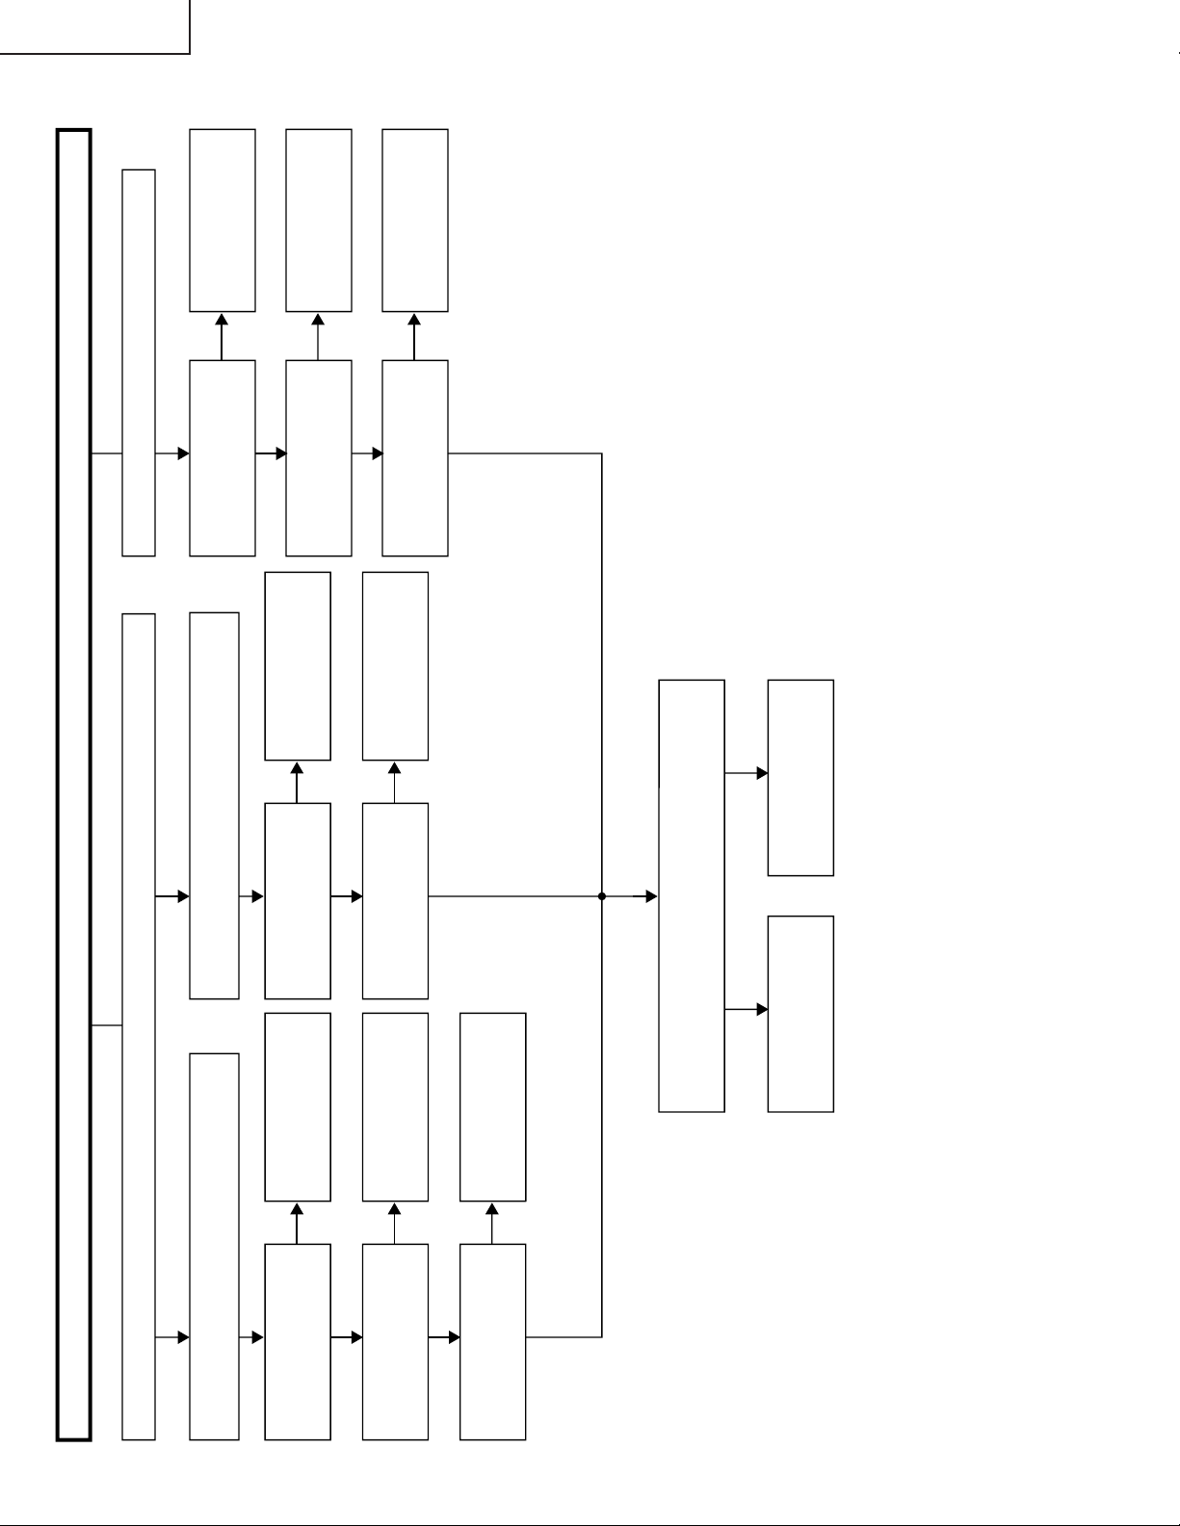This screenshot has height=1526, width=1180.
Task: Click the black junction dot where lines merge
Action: pyautogui.click(x=602, y=896)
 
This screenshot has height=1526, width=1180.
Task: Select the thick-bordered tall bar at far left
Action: pyautogui.click(x=74, y=785)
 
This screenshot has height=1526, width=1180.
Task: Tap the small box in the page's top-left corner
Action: pyautogui.click(x=93, y=26)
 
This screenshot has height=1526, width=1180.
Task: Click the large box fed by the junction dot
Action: pyautogui.click(x=692, y=896)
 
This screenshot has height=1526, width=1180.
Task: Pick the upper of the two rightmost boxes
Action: pyautogui.click(x=800, y=778)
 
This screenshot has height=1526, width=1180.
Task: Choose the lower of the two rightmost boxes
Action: pyautogui.click(x=800, y=1014)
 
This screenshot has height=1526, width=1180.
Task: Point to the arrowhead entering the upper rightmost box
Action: pyautogui.click(x=762, y=773)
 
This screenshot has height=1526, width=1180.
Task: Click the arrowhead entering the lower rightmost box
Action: pyautogui.click(x=762, y=1010)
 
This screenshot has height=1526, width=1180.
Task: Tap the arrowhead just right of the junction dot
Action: pyautogui.click(x=651, y=896)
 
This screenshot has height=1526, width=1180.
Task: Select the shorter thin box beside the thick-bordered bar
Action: pyautogui.click(x=139, y=363)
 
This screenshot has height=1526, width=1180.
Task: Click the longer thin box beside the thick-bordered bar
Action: pyautogui.click(x=139, y=1026)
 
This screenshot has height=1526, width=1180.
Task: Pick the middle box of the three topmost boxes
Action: pyautogui.click(x=319, y=220)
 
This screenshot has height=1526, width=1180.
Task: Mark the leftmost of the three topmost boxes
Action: pyautogui.click(x=223, y=220)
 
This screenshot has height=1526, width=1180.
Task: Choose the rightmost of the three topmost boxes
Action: pyautogui.click(x=415, y=220)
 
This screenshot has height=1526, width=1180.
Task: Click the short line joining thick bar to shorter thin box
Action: pyautogui.click(x=107, y=453)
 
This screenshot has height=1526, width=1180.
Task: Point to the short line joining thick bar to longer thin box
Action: pyautogui.click(x=107, y=1026)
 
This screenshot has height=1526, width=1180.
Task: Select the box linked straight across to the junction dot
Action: pyautogui.click(x=395, y=901)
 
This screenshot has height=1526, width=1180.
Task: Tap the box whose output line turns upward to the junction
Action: pyautogui.click(x=492, y=1342)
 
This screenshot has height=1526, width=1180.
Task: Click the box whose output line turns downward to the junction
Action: pyautogui.click(x=415, y=458)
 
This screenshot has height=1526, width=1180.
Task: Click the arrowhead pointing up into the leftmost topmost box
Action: pyautogui.click(x=222, y=320)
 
